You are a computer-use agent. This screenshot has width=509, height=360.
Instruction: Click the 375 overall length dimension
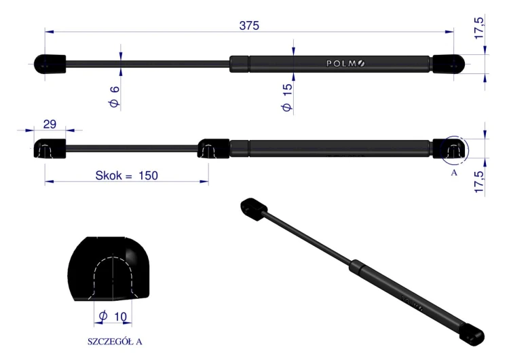tap(249, 26)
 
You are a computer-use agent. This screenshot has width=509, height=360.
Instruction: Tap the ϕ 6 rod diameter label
tap(114, 97)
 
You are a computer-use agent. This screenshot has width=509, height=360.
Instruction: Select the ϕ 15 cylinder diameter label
tap(287, 98)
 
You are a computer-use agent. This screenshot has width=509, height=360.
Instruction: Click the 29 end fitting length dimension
tap(50, 124)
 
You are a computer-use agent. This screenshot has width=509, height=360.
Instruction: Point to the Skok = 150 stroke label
tap(127, 175)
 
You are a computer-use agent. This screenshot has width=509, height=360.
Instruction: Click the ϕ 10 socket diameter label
tap(113, 316)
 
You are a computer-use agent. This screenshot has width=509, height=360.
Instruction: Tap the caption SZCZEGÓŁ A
tap(115, 342)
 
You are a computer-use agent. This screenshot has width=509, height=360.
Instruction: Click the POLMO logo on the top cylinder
tap(345, 63)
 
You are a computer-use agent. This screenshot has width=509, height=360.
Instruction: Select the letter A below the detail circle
tap(454, 173)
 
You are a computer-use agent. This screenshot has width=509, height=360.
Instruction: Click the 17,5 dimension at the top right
tap(479, 29)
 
